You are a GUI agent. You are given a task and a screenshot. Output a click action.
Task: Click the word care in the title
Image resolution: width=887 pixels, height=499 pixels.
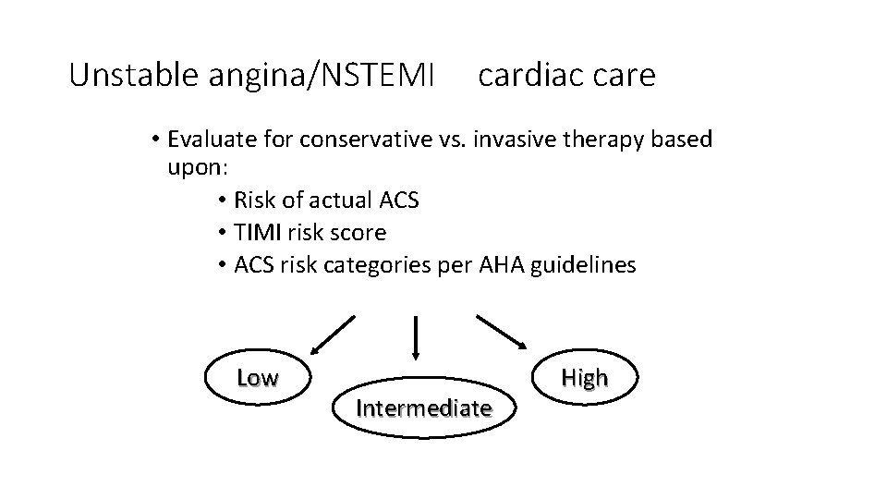click(x=620, y=75)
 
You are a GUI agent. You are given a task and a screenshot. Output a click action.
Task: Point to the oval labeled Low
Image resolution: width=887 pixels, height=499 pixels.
click(x=257, y=378)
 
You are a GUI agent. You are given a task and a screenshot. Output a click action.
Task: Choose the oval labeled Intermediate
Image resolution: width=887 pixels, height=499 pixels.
click(x=423, y=408)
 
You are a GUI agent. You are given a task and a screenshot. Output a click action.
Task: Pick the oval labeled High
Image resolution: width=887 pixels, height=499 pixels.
click(x=584, y=378)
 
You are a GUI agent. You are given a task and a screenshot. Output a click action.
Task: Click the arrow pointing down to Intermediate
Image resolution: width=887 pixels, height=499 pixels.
click(x=417, y=337)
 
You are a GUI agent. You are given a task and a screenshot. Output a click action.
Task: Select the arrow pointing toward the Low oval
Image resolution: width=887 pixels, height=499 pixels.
click(x=332, y=335)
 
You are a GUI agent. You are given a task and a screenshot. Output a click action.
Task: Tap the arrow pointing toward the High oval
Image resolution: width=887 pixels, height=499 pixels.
click(x=504, y=334)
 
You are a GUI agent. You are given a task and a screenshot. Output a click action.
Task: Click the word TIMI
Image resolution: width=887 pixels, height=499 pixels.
click(x=260, y=232)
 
